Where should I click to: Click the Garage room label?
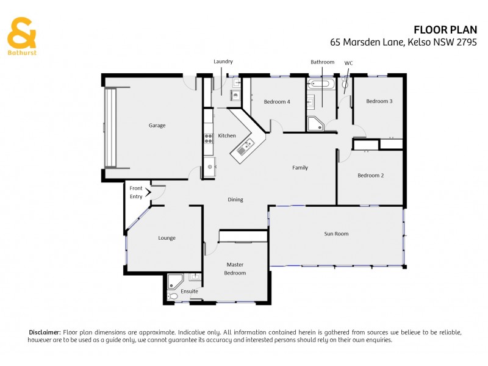click(x=157, y=126)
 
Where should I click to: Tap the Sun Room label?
click(x=336, y=234)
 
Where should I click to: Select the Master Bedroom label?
click(x=235, y=268)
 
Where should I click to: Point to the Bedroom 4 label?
click(x=277, y=102)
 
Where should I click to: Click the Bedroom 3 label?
click(x=379, y=101)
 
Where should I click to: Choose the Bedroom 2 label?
click(x=370, y=176)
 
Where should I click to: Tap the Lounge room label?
click(x=167, y=238)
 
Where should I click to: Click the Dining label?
click(x=235, y=199)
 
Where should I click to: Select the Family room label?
click(x=300, y=168)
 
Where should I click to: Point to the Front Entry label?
click(x=136, y=193)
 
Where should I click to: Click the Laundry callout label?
click(x=223, y=62)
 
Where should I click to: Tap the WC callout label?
click(x=348, y=63)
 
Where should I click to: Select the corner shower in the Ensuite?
click(x=175, y=281)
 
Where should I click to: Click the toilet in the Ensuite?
click(x=173, y=297)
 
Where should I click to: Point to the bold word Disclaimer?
click(x=45, y=332)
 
